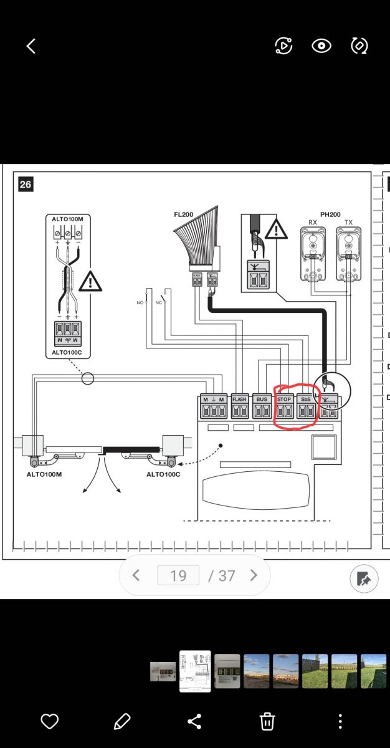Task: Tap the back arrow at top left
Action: tap(31, 46)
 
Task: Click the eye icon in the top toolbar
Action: tap(321, 46)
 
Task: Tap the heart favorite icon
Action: tap(49, 721)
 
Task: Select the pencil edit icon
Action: tap(121, 721)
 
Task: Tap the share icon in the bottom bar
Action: tap(194, 721)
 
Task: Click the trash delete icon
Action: tap(267, 721)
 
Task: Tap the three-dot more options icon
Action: tap(340, 721)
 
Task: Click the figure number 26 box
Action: tap(26, 185)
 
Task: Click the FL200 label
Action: tap(184, 214)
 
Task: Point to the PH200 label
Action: tap(330, 214)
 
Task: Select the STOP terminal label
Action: tap(284, 399)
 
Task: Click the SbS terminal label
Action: tap(306, 399)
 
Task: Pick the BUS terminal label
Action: tap(262, 399)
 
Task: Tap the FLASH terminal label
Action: tap(239, 399)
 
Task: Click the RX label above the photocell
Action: tap(313, 223)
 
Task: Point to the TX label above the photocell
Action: tap(348, 223)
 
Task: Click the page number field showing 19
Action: tap(178, 575)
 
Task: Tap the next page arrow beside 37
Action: tap(254, 575)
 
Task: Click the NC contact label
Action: tap(158, 302)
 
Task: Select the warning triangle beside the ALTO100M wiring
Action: tap(90, 282)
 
